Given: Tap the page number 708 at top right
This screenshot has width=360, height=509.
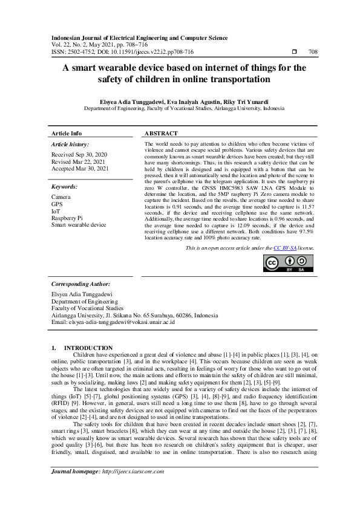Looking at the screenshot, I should [x=313, y=53].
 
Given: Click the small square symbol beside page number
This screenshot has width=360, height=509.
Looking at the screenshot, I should [x=294, y=53].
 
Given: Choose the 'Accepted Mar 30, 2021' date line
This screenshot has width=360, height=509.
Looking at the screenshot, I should [x=80, y=169].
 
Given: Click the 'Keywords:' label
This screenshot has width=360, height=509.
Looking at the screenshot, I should [x=65, y=187].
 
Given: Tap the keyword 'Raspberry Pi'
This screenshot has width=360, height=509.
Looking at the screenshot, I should [x=67, y=218].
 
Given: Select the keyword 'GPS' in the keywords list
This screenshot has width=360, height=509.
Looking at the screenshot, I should [x=57, y=204].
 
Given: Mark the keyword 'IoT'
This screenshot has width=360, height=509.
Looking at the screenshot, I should [x=56, y=211].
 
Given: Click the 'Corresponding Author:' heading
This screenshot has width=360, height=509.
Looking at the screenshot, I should [x=80, y=284].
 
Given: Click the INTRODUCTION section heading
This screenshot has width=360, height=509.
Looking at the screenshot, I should [x=88, y=348].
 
